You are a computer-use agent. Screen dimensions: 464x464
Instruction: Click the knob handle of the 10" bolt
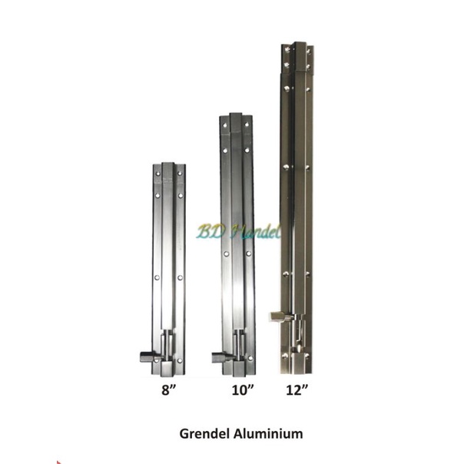[x=220, y=356]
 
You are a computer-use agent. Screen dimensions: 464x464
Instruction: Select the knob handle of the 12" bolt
[x=278, y=316]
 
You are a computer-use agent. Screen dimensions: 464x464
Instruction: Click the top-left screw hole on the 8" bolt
[x=158, y=175]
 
